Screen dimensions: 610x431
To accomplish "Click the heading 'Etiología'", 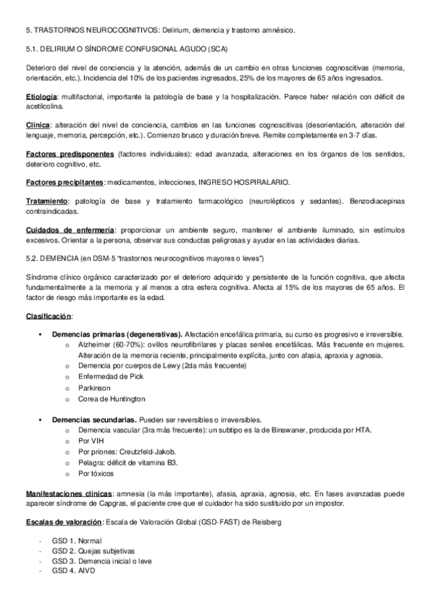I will click(41, 96).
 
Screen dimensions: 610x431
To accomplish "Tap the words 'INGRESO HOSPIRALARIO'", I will click(238, 182).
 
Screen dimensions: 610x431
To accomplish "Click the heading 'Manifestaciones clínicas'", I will click(68, 494).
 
